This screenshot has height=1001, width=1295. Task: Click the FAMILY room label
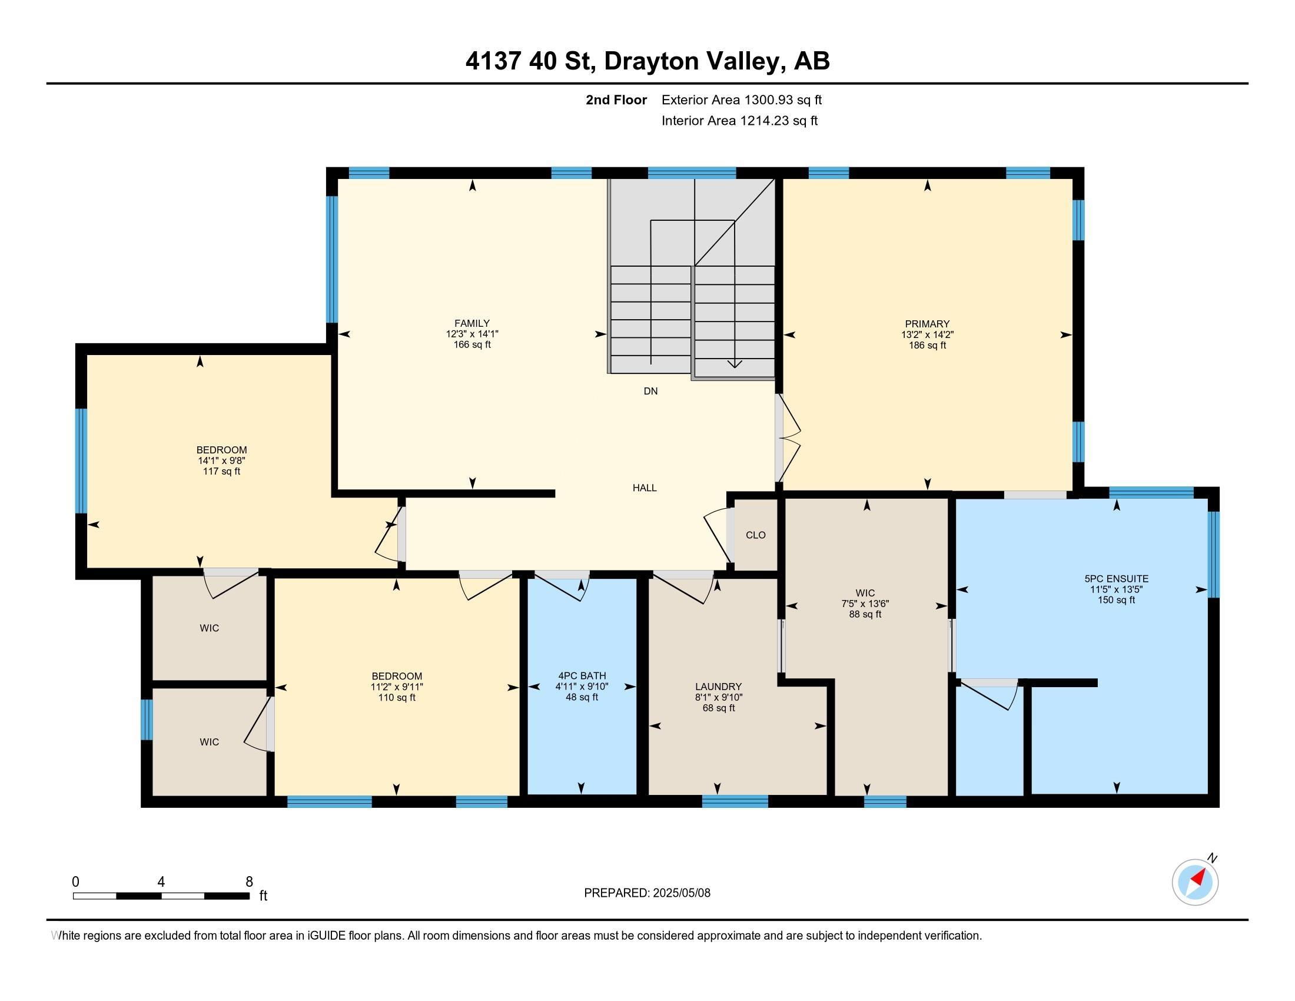(x=472, y=323)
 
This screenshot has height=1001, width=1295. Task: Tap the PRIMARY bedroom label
(x=927, y=324)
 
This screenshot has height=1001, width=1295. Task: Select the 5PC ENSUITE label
(x=1117, y=579)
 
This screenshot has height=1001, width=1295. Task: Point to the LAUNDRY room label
(x=719, y=687)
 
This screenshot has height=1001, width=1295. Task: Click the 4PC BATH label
(x=582, y=675)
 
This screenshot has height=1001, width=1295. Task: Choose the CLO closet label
(x=755, y=535)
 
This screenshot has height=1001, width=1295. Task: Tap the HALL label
(x=645, y=488)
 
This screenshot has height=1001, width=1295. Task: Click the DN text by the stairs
(x=650, y=391)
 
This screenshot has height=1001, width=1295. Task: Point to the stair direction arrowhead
(x=735, y=363)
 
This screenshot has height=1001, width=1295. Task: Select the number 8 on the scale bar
(x=249, y=881)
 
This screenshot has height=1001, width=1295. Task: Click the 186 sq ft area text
(x=927, y=345)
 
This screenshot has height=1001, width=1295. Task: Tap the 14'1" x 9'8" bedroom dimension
(x=222, y=461)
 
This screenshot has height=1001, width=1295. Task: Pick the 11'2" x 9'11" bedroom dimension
(x=397, y=687)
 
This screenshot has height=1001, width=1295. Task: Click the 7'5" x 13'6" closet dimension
(x=865, y=604)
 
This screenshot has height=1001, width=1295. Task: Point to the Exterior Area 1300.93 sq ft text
(x=742, y=100)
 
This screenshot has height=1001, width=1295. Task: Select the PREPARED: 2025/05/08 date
(x=647, y=893)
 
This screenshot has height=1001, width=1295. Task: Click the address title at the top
(x=647, y=61)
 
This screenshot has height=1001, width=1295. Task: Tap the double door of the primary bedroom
(x=788, y=438)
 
